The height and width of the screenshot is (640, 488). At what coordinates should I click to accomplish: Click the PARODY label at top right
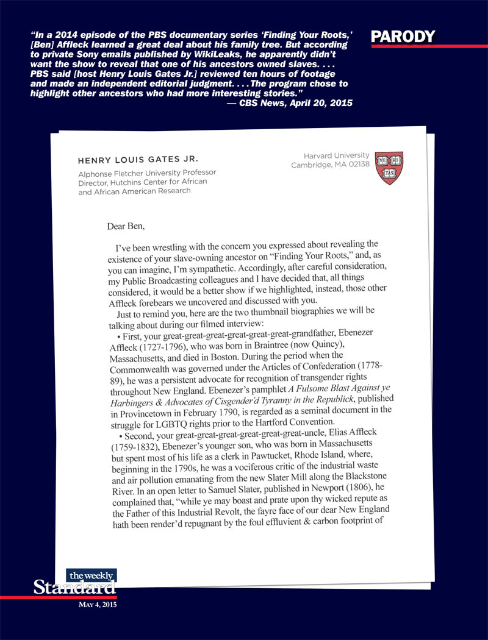[403, 36]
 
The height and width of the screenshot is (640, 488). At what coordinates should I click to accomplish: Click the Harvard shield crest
[388, 168]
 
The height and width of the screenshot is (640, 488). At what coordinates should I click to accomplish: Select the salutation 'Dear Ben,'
[127, 226]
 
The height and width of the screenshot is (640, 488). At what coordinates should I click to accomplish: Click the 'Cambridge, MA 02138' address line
[330, 165]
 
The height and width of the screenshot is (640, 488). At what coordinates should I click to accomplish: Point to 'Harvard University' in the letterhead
[336, 155]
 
